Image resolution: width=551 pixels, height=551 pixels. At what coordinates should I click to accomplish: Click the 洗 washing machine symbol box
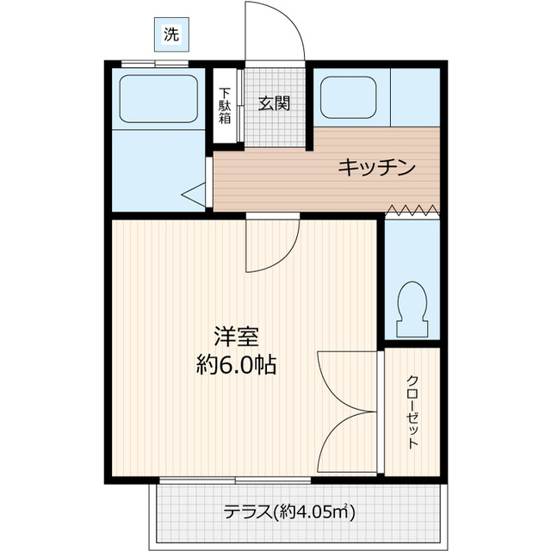coord(172,35)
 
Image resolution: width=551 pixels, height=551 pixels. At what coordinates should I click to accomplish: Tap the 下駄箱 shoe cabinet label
coord(224,106)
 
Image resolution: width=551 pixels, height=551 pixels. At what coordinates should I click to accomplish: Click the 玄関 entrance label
coord(274,104)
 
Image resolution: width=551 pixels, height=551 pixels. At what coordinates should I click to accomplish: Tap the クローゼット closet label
coord(412,412)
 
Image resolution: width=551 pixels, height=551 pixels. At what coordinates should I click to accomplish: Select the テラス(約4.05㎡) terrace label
coord(289,512)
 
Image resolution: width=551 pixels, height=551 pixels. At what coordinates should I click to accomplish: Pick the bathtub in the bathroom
coord(161,97)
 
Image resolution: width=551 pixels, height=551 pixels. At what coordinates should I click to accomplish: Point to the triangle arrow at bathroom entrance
coord(194,195)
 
